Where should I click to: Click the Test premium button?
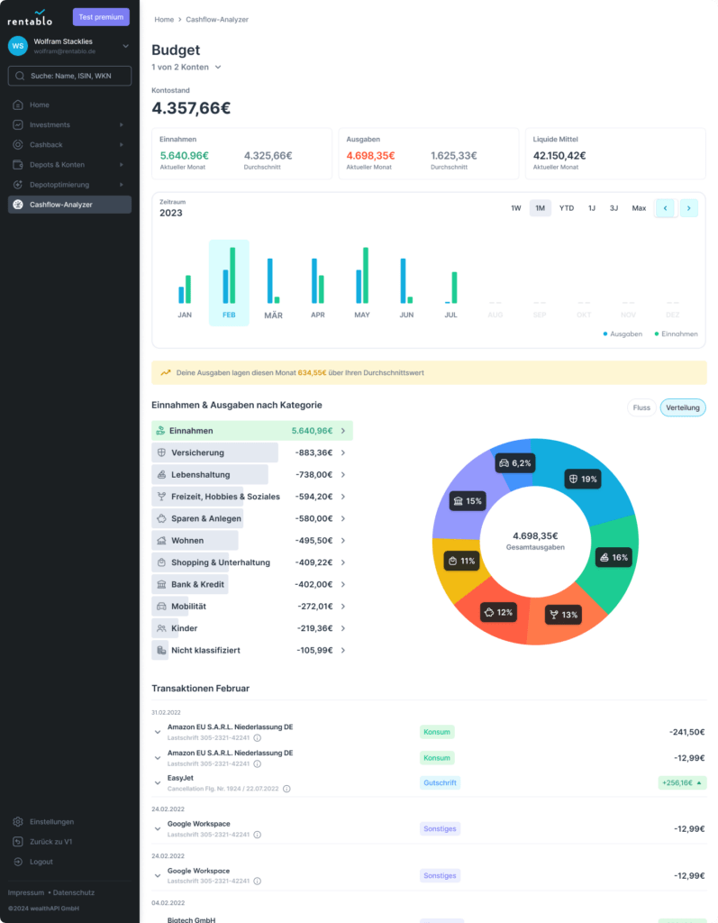tap(101, 16)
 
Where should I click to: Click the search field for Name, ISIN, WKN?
tap(69, 76)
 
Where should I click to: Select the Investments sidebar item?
tap(50, 124)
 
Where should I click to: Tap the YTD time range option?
tap(566, 208)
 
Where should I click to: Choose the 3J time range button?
tap(613, 208)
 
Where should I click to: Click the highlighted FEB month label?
tap(229, 315)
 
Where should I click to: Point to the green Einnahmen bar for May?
tap(366, 275)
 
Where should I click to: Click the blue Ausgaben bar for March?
tap(269, 280)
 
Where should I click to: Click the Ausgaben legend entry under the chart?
tap(623, 334)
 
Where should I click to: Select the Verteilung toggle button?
tap(683, 407)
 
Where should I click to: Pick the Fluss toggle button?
tap(641, 407)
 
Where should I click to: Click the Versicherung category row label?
tap(197, 452)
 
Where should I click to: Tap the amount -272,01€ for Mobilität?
tap(314, 607)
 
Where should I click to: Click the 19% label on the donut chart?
tap(582, 479)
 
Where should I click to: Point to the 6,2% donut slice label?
tap(515, 462)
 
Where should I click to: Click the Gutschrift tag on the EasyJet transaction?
tap(440, 783)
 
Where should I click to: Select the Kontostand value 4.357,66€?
tap(191, 108)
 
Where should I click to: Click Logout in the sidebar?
tap(41, 862)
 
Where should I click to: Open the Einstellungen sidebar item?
tap(51, 822)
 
